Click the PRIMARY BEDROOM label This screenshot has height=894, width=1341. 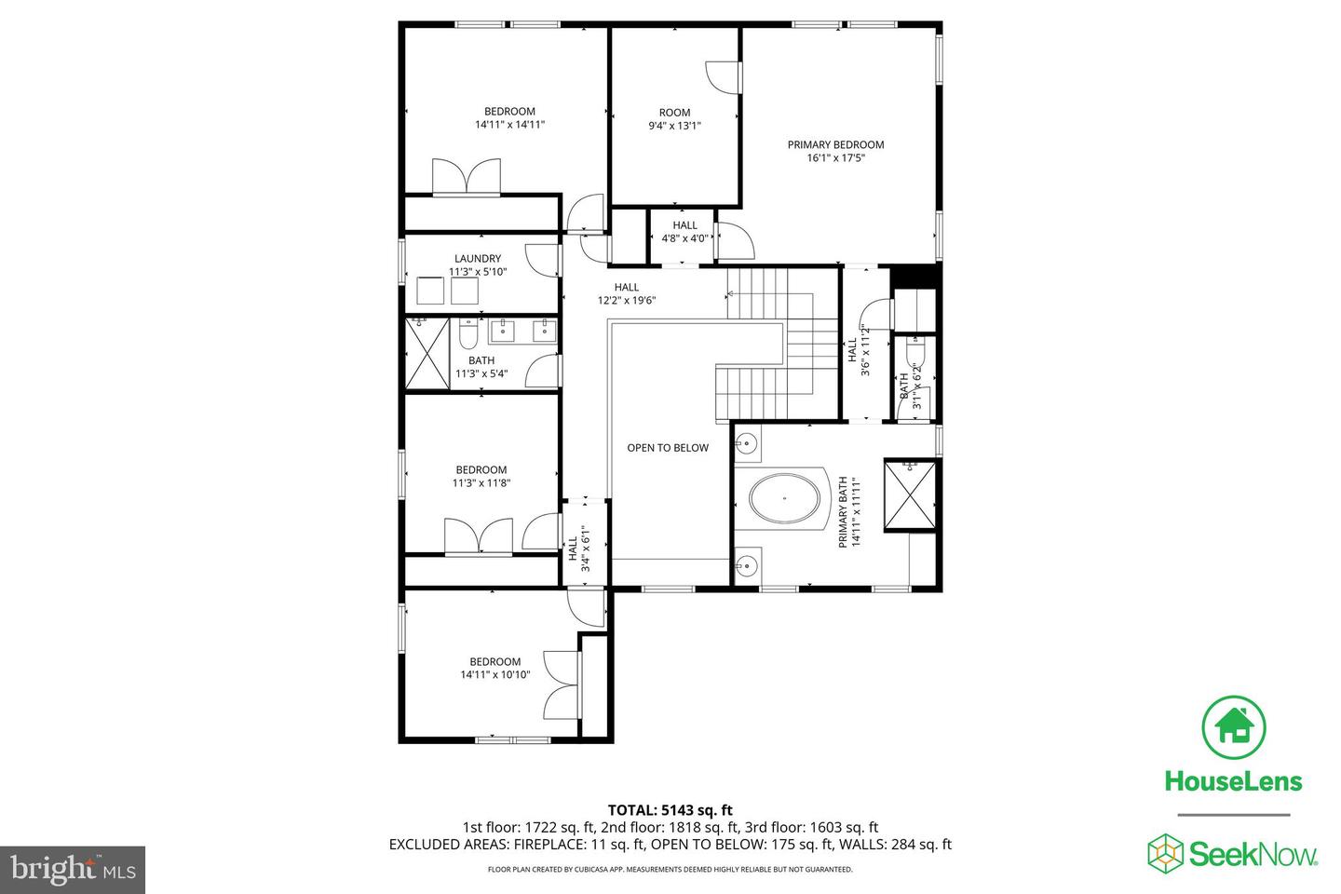click(x=835, y=144)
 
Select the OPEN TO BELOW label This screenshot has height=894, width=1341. click(x=667, y=448)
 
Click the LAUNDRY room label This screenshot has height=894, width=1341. click(x=478, y=259)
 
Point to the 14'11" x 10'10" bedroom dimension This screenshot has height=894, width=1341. click(x=494, y=674)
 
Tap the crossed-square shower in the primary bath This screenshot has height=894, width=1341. click(x=909, y=494)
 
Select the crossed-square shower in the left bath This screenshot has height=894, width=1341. click(x=427, y=353)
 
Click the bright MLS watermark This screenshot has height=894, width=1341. click(x=72, y=870)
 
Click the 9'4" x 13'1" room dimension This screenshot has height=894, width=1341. click(x=674, y=126)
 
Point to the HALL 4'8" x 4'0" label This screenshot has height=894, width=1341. click(x=684, y=232)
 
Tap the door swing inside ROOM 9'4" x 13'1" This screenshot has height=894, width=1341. click(x=723, y=77)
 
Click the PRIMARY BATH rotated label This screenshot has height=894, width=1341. click(x=847, y=511)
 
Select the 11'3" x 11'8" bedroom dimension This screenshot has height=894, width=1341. click(x=481, y=482)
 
